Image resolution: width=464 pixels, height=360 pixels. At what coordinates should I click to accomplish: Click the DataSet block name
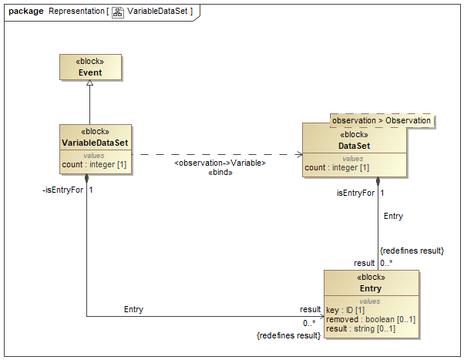[354, 145]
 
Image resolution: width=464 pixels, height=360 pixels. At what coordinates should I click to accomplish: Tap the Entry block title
[371, 289]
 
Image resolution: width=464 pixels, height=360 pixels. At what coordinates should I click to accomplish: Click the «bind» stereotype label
[220, 173]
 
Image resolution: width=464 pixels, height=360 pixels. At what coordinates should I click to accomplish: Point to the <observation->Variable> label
[220, 163]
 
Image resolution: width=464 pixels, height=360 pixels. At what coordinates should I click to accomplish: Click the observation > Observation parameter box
[382, 121]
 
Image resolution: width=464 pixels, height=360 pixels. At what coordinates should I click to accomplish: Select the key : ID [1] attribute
[344, 310]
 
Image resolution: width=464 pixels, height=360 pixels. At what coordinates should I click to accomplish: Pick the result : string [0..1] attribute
[361, 329]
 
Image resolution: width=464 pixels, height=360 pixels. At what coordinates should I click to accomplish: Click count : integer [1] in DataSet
[337, 167]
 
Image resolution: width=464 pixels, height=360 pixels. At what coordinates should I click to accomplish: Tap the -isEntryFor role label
[62, 190]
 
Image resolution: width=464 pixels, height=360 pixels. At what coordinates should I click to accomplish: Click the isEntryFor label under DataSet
[356, 193]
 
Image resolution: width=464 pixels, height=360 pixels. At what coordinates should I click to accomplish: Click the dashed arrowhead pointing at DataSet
[298, 154]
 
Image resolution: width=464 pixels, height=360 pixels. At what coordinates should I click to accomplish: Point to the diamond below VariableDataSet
[86, 179]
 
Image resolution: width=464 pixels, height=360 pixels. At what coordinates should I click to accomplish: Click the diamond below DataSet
[378, 183]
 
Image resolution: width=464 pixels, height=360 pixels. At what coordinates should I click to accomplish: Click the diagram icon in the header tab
[118, 12]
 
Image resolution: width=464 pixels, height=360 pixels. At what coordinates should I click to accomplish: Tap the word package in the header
[25, 12]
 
